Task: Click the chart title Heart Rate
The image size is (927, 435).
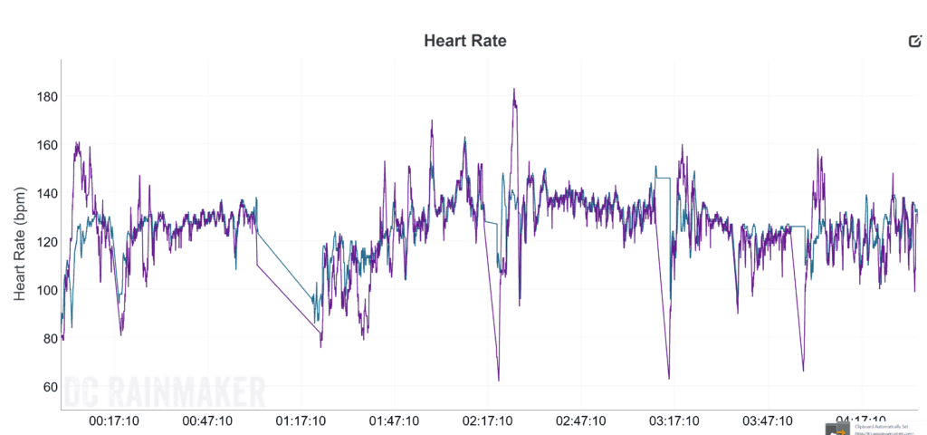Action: pos(465,41)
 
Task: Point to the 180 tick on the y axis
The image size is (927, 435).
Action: pos(42,97)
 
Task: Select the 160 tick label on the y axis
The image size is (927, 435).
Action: pos(42,145)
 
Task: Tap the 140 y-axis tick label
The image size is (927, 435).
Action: pos(42,194)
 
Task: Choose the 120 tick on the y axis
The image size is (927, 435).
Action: pos(42,242)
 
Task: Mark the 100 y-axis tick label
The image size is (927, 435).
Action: pos(42,290)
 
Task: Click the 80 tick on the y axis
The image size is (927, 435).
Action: pos(45,339)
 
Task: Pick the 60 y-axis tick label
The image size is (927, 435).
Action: pos(45,387)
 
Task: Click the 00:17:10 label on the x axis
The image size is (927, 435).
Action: pos(114,420)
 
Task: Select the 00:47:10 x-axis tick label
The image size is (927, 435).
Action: pos(208,420)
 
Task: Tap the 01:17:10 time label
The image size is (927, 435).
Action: pos(301,420)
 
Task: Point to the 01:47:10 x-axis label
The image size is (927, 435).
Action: pos(395,420)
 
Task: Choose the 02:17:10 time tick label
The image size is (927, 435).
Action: pos(488,420)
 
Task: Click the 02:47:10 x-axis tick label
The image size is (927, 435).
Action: pos(581,420)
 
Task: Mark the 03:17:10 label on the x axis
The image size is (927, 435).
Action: pos(674,420)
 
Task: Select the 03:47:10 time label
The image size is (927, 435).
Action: pos(768,420)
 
